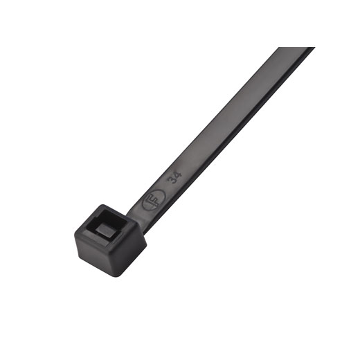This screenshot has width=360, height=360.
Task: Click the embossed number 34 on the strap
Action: (x=176, y=178)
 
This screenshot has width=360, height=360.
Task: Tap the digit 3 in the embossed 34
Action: (x=174, y=181)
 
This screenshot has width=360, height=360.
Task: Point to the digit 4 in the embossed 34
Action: (x=179, y=175)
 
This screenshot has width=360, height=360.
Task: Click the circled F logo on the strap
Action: (x=154, y=200)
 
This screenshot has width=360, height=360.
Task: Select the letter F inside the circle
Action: (x=154, y=200)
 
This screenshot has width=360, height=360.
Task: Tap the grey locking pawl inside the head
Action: (x=107, y=230)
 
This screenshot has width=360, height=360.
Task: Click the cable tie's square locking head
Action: (x=110, y=240)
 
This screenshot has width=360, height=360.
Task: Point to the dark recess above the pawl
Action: (x=109, y=218)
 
